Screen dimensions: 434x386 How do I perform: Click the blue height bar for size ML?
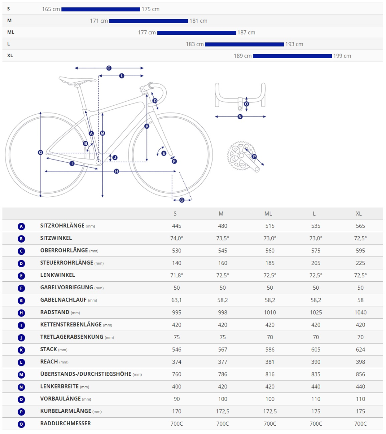[x=197, y=33]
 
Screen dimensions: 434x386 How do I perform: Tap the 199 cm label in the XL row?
[x=342, y=56]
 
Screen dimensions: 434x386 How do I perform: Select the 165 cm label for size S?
[x=51, y=9]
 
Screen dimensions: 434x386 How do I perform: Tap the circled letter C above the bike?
[x=109, y=68]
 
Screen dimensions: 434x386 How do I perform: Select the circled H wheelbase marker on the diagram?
[x=116, y=171]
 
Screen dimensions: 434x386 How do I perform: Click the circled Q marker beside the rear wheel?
[x=40, y=153]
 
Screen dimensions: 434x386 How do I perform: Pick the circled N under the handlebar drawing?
[x=240, y=117]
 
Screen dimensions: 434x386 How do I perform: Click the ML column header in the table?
[x=268, y=214]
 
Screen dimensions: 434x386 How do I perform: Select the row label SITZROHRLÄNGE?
[x=62, y=226]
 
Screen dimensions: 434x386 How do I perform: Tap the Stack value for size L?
[x=316, y=349]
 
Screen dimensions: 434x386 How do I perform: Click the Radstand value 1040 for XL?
[x=360, y=312]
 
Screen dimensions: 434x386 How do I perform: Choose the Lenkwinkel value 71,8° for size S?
[x=177, y=275]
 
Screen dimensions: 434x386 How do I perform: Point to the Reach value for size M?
[x=223, y=362]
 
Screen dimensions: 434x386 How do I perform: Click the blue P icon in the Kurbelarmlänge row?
[x=21, y=412]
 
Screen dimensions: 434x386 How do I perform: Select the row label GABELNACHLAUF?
[x=63, y=300]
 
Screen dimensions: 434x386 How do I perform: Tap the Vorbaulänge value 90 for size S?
[x=177, y=399]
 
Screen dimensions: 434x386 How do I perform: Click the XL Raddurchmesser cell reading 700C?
[x=360, y=424]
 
